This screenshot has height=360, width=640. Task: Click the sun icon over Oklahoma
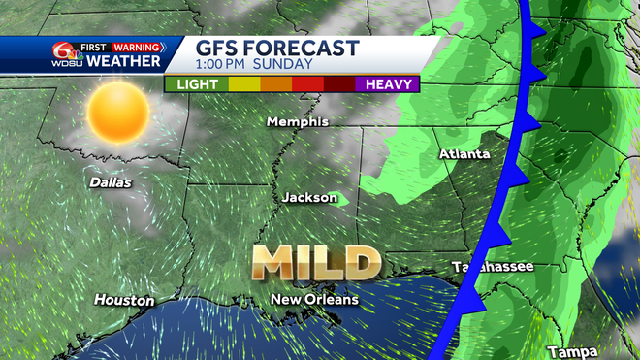[x=119, y=113]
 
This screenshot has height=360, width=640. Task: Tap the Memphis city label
[x=299, y=122]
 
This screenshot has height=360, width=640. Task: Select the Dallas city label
[x=110, y=181]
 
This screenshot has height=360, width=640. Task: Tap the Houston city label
[x=123, y=301]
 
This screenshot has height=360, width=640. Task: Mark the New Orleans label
[x=314, y=299]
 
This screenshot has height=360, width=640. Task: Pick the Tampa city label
[x=567, y=351]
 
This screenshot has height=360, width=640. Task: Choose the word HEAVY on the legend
[x=388, y=84]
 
